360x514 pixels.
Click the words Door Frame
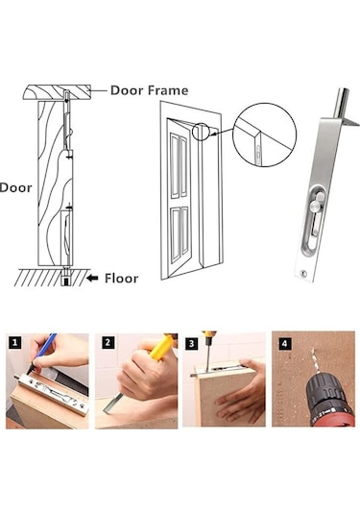coord(150,90)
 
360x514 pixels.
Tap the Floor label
coord(122,279)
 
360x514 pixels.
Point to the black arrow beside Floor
coord(92,279)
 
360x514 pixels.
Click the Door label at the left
coord(15,188)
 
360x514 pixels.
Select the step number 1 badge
coord(14,343)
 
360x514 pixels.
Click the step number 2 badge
coord(108,343)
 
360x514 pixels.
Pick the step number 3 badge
coord(192,344)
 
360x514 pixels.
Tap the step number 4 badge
coord(284,344)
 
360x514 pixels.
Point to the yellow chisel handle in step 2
coord(161,347)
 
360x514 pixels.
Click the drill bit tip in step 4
coord(312,350)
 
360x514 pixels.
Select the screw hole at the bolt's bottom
coord(303,273)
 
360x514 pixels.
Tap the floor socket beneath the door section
coord(66,279)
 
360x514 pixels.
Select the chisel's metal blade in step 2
coord(113,404)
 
